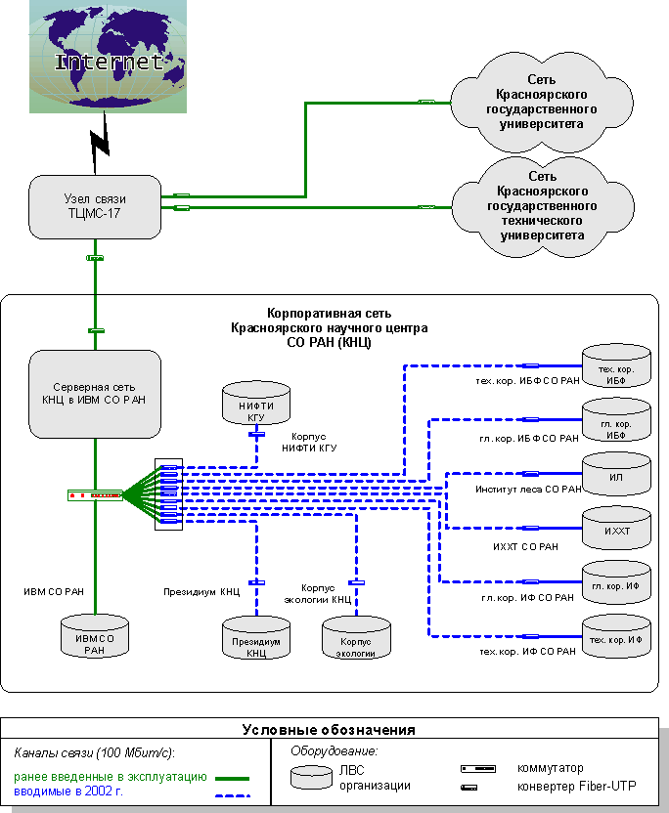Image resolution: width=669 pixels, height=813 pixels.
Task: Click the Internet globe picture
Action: pyautogui.click(x=108, y=57)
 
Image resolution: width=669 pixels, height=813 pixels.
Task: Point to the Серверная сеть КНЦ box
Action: pyautogui.click(x=94, y=394)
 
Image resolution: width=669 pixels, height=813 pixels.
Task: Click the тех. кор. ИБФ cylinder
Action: pyautogui.click(x=615, y=366)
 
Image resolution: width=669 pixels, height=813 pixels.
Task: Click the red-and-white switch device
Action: pyautogui.click(x=95, y=495)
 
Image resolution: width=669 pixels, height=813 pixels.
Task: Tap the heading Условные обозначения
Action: pyautogui.click(x=329, y=730)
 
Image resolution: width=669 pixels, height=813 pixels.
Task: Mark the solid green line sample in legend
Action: pyautogui.click(x=232, y=779)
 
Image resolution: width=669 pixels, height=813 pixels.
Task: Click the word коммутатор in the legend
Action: pyautogui.click(x=551, y=769)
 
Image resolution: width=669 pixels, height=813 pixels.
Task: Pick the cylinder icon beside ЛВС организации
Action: pyautogui.click(x=310, y=777)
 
